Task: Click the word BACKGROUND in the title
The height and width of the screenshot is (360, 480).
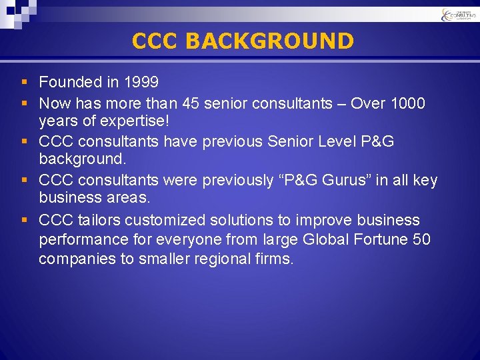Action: pos(270,41)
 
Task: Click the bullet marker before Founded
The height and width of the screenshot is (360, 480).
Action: pos(25,83)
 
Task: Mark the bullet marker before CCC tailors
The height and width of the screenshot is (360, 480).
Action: pos(25,221)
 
